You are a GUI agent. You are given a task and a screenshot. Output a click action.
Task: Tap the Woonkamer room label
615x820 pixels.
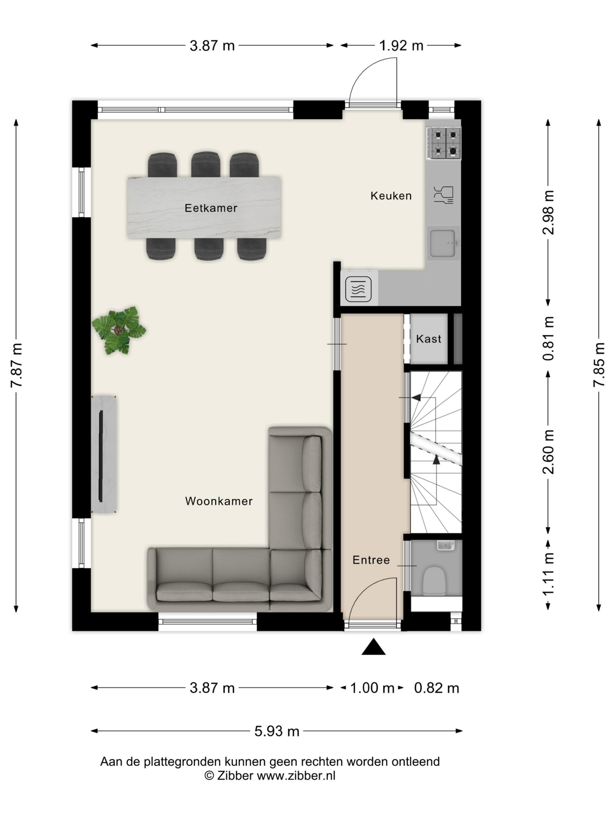(x=219, y=501)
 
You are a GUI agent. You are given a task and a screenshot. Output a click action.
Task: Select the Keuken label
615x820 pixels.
(x=391, y=196)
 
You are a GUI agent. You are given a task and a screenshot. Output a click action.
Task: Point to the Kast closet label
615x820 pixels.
(x=429, y=339)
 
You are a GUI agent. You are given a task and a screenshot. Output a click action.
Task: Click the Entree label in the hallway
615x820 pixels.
(x=371, y=560)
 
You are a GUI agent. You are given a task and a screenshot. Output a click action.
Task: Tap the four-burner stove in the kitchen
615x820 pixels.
(x=443, y=143)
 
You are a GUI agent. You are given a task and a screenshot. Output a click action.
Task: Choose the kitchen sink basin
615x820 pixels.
(x=444, y=243)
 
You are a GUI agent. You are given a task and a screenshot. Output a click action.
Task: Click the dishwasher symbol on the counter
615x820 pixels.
(x=443, y=195)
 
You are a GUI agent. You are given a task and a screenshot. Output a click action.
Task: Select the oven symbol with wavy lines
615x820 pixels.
(x=358, y=289)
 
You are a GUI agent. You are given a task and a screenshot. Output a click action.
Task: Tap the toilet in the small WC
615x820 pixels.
(x=434, y=581)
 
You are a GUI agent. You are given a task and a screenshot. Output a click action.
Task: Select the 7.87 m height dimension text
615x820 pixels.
(x=17, y=365)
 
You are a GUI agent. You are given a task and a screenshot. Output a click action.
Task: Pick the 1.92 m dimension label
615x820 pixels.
(x=401, y=45)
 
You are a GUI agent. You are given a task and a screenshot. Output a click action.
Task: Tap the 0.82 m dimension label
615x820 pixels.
(x=436, y=688)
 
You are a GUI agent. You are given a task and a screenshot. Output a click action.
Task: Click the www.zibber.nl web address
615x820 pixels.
(x=296, y=776)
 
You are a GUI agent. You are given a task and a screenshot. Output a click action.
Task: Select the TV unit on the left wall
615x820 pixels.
(x=104, y=455)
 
